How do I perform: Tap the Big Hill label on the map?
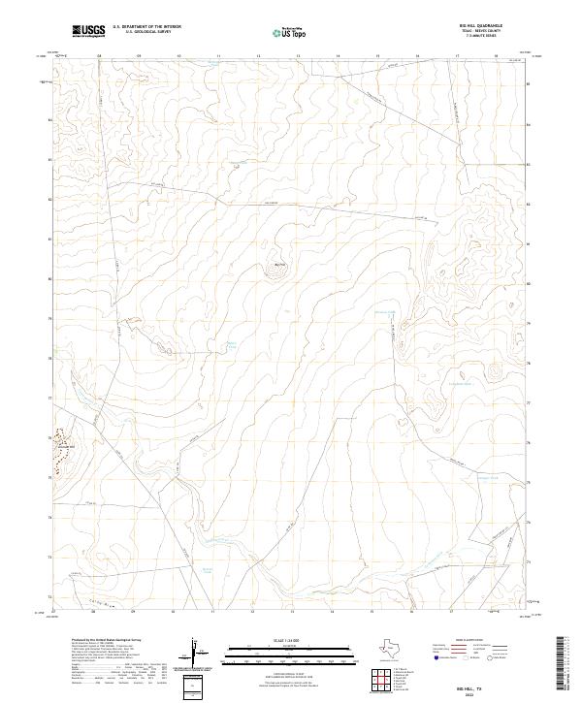(282, 263)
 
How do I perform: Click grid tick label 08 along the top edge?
(100, 56)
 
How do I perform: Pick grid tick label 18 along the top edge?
(496, 56)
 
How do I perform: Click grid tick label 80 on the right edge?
(528, 283)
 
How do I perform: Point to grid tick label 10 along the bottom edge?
(173, 612)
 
